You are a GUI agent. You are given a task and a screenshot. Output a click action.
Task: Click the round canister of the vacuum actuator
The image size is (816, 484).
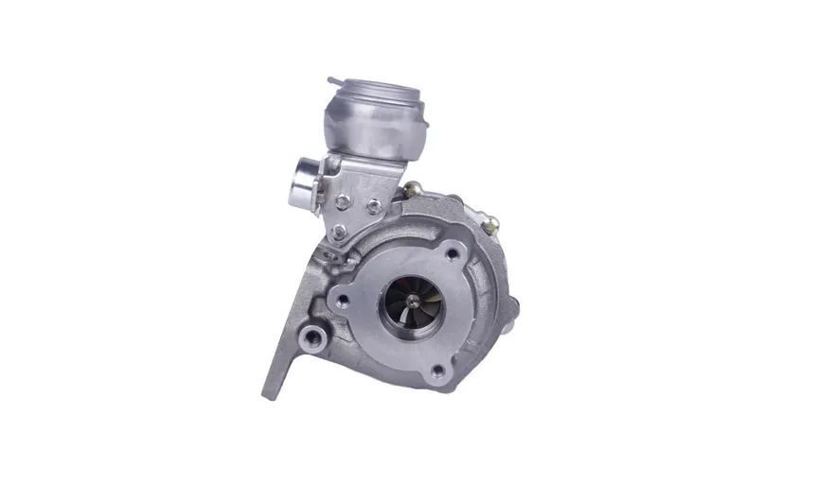coord(373,128)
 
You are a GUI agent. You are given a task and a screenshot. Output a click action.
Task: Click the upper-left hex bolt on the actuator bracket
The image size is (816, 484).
coord(342,200)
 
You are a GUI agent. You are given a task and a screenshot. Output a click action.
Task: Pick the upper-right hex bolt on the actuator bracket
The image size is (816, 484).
coord(375,206)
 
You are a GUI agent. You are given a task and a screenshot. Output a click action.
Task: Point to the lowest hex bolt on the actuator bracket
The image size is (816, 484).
coord(339,232)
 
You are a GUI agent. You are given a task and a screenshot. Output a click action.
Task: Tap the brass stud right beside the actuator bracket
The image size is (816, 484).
coord(413,191)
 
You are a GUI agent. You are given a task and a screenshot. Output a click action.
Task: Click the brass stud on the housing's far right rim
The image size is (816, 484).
coord(490,225)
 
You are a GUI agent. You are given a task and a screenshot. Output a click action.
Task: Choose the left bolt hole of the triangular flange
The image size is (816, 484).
coord(343,302)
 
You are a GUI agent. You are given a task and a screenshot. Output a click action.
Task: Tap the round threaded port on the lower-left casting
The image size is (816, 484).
coord(312,335)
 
